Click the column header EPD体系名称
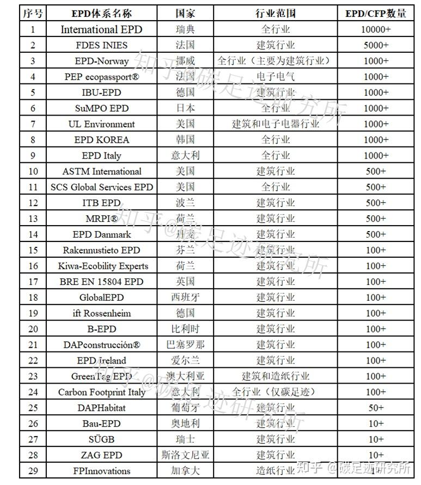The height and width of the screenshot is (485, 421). coord(102,14)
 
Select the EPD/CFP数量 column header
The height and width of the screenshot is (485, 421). coord(376,14)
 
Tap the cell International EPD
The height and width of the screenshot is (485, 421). coord(102,29)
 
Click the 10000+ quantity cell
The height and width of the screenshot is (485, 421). coord(376,29)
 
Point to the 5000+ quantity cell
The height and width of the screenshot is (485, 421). coord(376,45)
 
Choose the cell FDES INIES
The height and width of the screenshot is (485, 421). coord(102,45)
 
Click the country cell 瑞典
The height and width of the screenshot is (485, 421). coord(185,29)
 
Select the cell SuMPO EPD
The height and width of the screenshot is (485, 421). coord(102,108)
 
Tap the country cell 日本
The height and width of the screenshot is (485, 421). coord(185,108)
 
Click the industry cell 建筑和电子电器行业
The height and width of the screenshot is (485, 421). coord(276,124)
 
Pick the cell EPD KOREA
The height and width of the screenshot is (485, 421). coord(102,140)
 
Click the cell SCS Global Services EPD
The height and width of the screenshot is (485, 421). coord(102,187)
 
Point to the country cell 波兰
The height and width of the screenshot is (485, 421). coord(185,203)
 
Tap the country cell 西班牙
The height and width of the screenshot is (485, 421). coord(185,298)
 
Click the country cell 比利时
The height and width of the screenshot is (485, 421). coord(185,329)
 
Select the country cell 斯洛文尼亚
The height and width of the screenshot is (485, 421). coord(185,455)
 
